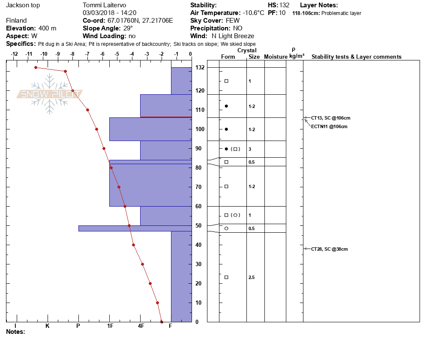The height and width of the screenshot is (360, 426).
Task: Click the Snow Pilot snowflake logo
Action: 50,94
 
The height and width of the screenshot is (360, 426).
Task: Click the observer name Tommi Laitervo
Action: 104,5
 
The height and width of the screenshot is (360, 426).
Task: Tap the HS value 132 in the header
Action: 284,5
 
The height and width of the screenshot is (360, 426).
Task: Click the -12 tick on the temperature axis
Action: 14,54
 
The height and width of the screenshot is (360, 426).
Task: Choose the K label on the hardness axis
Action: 48,326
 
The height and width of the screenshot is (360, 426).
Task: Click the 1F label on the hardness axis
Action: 110,326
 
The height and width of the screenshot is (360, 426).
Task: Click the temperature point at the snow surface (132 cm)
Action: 36,67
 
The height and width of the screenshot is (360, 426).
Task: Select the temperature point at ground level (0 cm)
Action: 162,322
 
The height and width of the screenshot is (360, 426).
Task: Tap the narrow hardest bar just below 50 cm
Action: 135,228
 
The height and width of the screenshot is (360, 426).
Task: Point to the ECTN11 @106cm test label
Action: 329,126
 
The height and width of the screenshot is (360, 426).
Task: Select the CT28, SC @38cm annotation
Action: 329,249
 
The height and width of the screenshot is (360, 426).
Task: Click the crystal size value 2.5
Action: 252,278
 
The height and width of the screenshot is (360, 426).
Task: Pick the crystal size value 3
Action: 250,149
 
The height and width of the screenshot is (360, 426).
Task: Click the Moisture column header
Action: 275,57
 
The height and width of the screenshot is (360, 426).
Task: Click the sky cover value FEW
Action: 233,21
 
